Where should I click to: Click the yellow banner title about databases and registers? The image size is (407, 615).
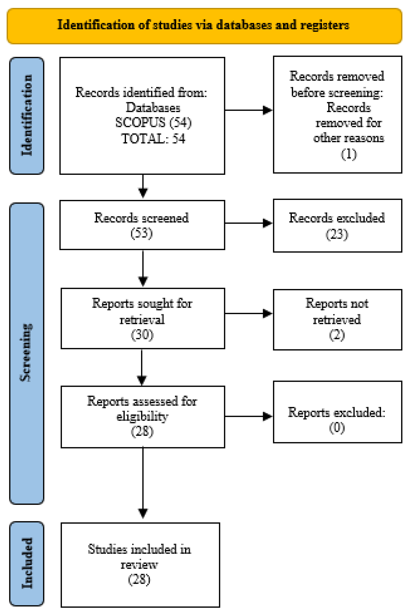pos(203,25)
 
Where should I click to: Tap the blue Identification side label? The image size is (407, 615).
pos(27,115)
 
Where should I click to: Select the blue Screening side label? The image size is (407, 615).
pos(27,352)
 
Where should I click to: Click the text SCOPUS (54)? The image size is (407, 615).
pos(153,123)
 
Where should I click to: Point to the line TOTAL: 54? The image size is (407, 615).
pos(153,138)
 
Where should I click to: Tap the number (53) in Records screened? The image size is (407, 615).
pos(141,233)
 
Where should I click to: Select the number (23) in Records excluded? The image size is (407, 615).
pos(337,235)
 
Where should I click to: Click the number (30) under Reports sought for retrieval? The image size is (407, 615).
pos(142,335)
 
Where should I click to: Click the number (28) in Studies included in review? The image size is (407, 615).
pos(139,579)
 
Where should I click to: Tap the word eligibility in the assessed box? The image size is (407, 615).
pos(142,416)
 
